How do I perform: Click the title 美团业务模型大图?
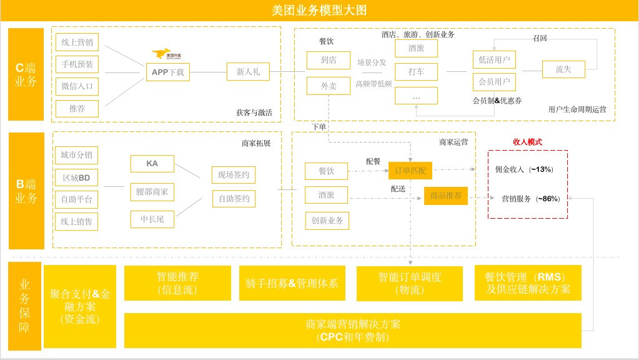(x=319, y=9)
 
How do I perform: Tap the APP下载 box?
(x=167, y=72)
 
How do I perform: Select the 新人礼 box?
(x=248, y=72)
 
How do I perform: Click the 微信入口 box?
(x=77, y=86)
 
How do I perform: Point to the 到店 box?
(x=329, y=61)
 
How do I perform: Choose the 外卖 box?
(x=329, y=86)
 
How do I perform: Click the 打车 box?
(x=416, y=72)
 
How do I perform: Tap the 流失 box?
(x=563, y=69)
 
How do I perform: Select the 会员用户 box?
(x=494, y=81)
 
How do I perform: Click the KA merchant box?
(x=152, y=164)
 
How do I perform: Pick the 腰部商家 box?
(x=152, y=191)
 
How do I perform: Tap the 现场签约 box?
(x=234, y=175)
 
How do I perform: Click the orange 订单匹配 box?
(x=410, y=169)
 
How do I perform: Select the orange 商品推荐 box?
(x=446, y=196)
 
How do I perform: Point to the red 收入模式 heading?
(x=527, y=142)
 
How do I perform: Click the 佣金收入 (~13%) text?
(x=523, y=169)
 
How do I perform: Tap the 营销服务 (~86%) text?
(x=530, y=199)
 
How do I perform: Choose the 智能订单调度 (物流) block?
(x=409, y=283)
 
